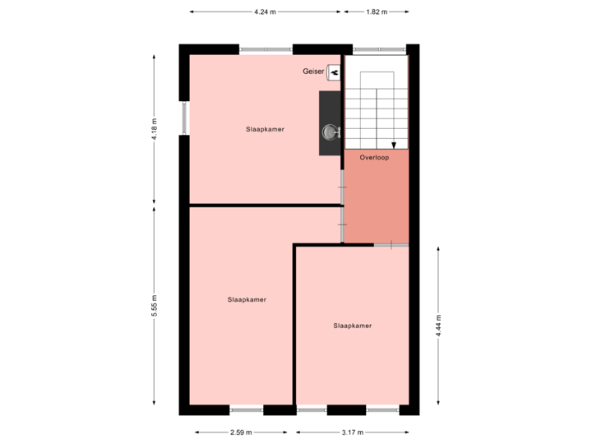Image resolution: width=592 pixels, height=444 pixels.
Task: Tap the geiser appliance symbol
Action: pos(335,73)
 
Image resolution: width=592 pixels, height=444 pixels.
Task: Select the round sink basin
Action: pos(331,132)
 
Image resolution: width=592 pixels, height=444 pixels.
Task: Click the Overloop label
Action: pos(374,156)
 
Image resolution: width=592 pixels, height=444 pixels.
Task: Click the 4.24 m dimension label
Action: pos(265,12)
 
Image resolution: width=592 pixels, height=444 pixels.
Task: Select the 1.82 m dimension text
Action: pos(375,12)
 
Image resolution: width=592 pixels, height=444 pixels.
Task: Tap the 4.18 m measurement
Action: pos(154,129)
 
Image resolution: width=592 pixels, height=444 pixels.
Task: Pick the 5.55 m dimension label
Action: pos(154,307)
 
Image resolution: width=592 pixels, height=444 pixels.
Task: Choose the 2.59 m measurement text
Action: pos(241,432)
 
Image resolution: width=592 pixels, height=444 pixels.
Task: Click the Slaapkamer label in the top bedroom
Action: pos(265,129)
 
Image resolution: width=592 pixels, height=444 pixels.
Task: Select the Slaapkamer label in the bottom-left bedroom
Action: pos(247,299)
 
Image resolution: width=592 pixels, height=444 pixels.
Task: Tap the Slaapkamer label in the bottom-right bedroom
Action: pos(353,326)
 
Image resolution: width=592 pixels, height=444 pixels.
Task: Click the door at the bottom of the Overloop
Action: pos(391,244)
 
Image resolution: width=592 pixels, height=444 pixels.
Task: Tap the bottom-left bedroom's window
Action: pos(247,409)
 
